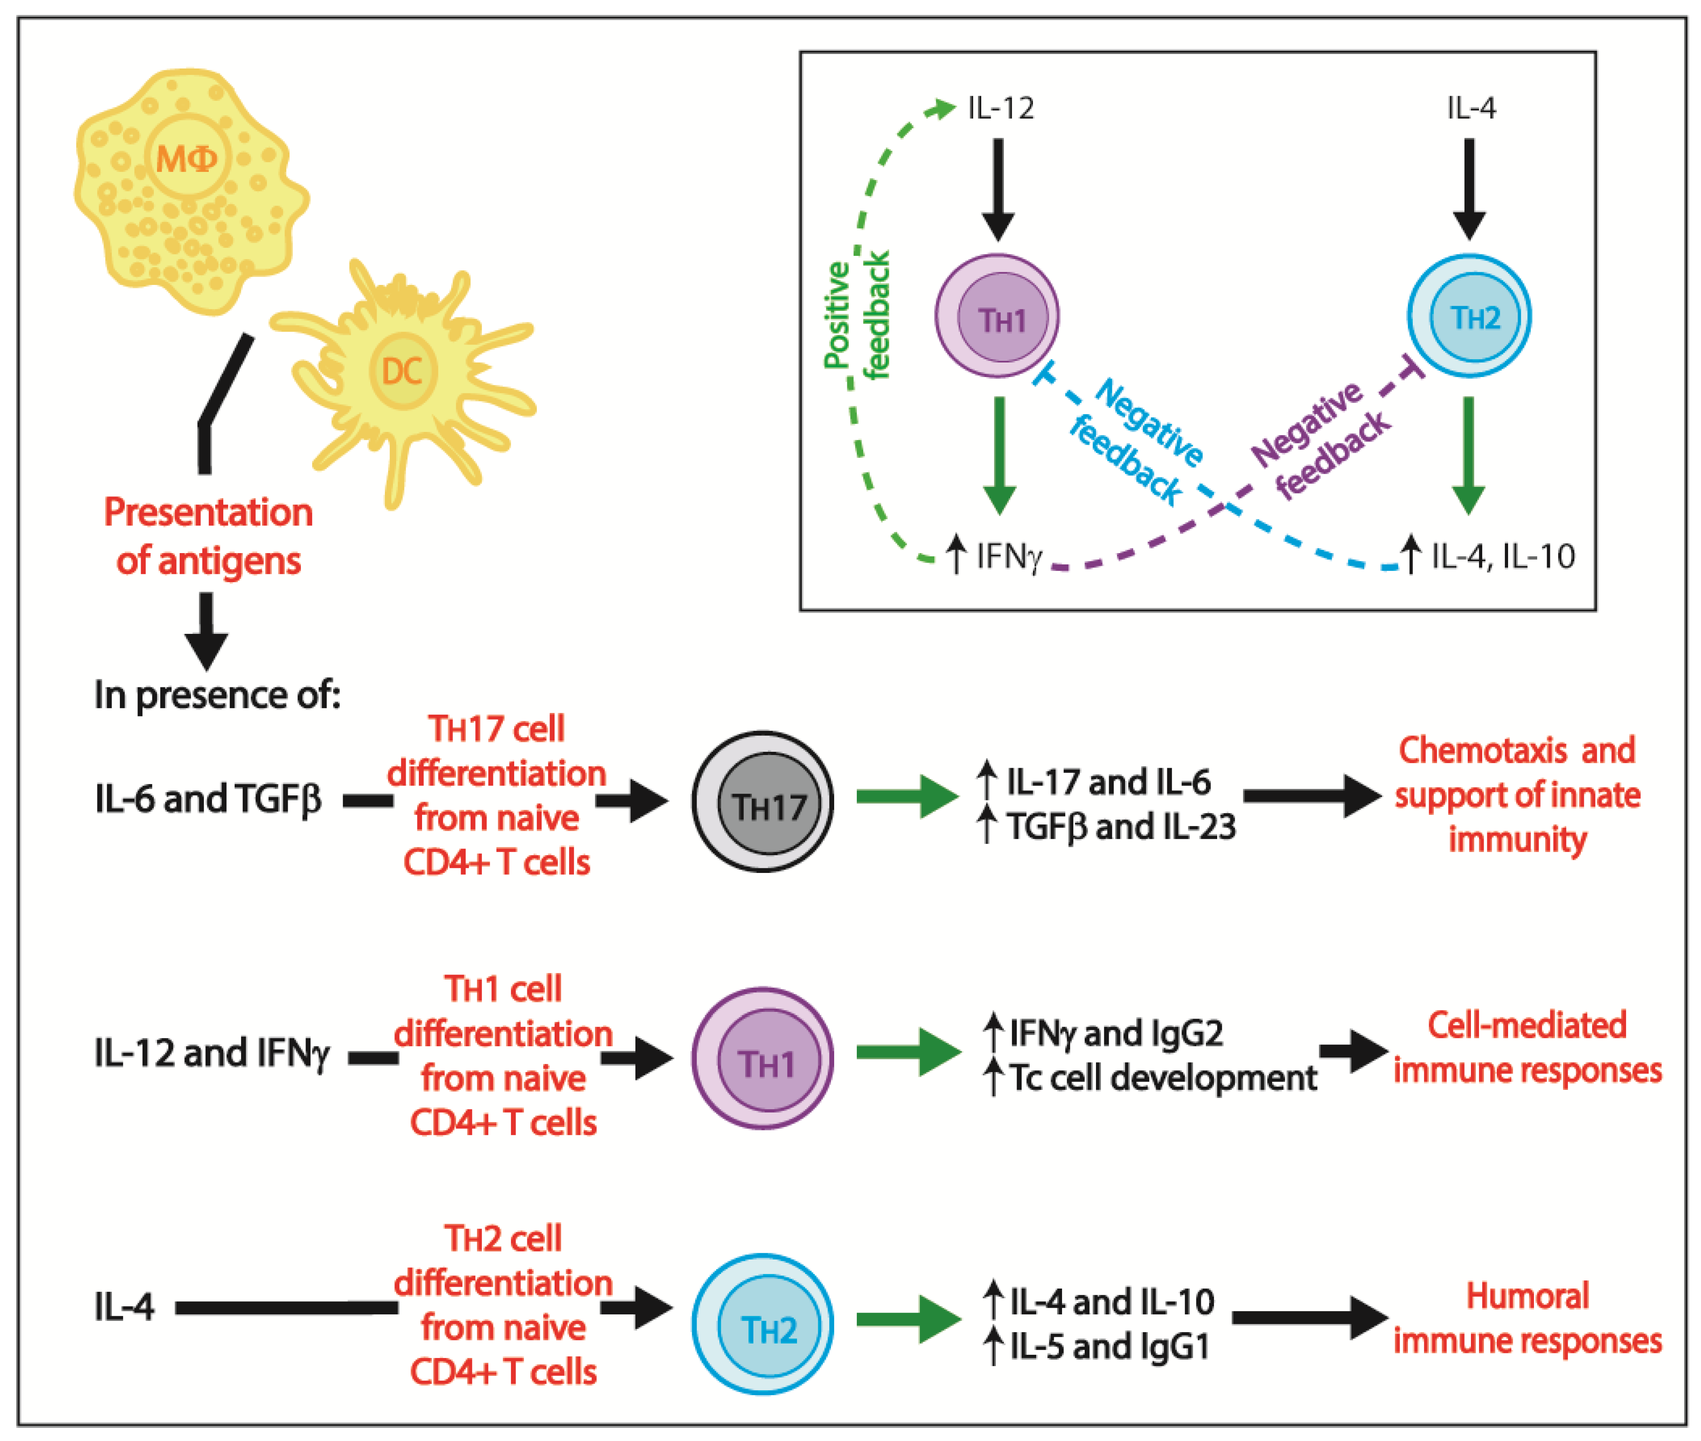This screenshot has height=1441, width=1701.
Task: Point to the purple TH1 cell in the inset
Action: (997, 317)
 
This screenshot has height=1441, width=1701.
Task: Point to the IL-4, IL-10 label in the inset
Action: (1502, 556)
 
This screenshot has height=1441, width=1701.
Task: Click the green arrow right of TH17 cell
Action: (907, 796)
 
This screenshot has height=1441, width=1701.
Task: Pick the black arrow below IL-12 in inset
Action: (998, 188)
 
